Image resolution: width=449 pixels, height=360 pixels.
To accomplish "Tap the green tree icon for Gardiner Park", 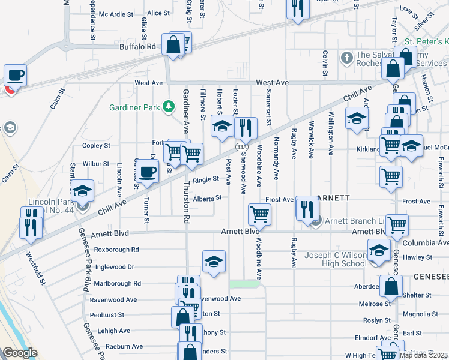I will click(169, 107).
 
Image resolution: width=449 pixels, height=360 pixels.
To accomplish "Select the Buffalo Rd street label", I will click(137, 46).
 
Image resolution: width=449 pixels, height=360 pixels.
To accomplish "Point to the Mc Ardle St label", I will click(116, 14).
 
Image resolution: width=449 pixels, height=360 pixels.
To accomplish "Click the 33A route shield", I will click(241, 146).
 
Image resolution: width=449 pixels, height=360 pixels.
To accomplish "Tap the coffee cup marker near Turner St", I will click(146, 172).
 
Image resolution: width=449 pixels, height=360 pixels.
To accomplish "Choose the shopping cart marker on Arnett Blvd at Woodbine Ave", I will click(259, 214).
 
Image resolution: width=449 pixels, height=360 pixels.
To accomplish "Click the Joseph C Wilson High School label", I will click(335, 259).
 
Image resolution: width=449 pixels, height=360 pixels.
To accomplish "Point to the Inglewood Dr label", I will click(113, 266).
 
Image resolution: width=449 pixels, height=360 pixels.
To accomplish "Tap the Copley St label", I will click(96, 145).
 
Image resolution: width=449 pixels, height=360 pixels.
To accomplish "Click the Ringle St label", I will click(205, 179).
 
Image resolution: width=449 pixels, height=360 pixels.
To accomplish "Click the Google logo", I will click(20, 353).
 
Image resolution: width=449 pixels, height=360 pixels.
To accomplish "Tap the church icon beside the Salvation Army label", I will click(346, 58).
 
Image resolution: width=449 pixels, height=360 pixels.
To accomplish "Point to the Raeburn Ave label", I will click(124, 346).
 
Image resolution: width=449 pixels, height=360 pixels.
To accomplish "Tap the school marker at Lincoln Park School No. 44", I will click(82, 191).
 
